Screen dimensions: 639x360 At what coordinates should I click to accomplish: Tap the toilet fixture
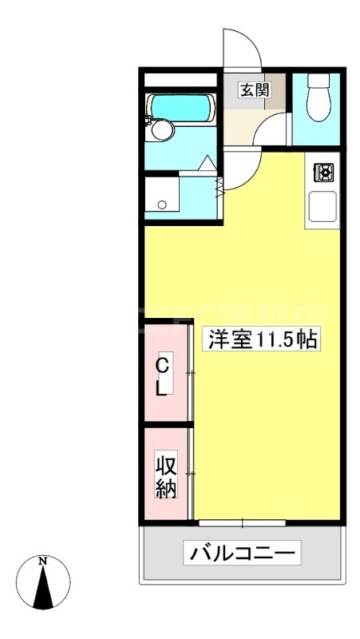pyautogui.click(x=317, y=104)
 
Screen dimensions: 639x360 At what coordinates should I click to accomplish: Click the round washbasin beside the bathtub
pyautogui.click(x=163, y=130)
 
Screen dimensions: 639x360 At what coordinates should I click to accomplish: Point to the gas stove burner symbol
pyautogui.click(x=326, y=171)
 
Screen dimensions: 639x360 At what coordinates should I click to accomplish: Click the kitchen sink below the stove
pyautogui.click(x=325, y=208)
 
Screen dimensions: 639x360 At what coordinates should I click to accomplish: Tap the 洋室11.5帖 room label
pyautogui.click(x=263, y=340)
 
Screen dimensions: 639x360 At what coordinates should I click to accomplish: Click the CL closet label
pyautogui.click(x=162, y=377)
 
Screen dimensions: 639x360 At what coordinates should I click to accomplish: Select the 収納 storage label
pyautogui.click(x=165, y=476)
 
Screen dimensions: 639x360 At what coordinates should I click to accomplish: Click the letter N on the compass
pyautogui.click(x=43, y=562)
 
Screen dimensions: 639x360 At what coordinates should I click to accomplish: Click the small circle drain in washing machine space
pyautogui.click(x=162, y=204)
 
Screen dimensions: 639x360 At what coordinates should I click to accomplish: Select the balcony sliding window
pyautogui.click(x=243, y=523)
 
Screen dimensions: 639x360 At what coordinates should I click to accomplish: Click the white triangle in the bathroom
pyautogui.click(x=205, y=164)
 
